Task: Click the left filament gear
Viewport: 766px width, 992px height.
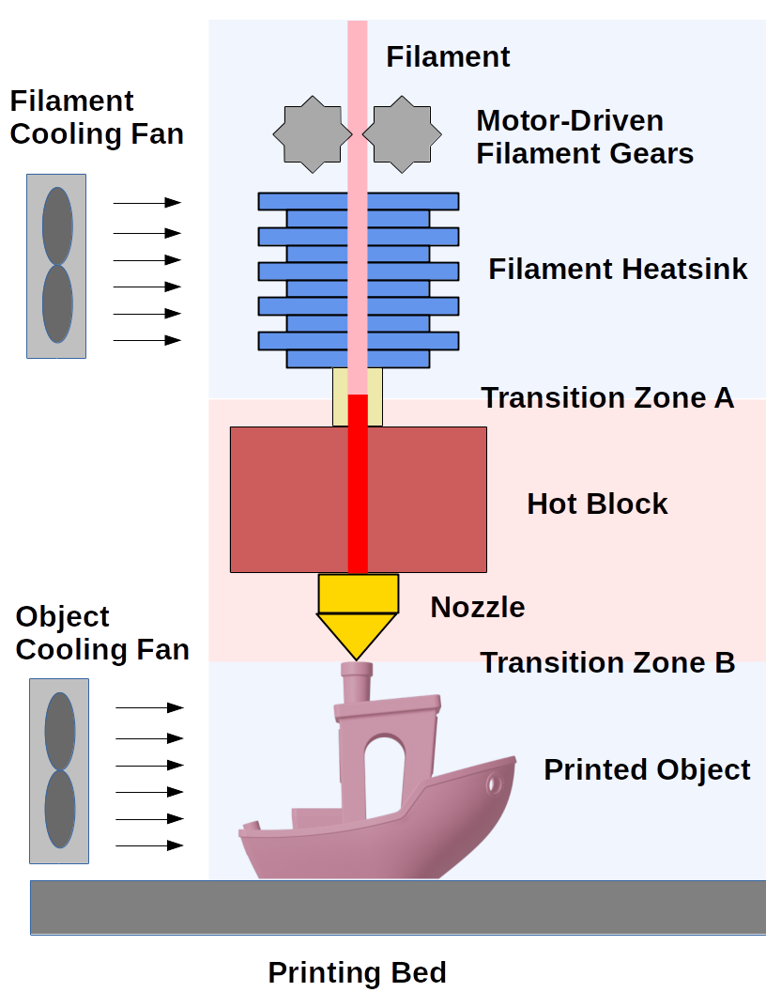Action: [x=307, y=133]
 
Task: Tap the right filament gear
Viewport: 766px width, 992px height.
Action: [x=402, y=133]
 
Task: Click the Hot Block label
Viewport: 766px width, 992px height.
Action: [x=597, y=504]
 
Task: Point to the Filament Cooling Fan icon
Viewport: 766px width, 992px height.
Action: [x=56, y=266]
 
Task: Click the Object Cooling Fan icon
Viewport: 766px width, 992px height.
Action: [x=59, y=770]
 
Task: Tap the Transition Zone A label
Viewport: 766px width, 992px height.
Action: [x=607, y=398]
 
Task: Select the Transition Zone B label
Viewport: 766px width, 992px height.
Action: [x=607, y=663]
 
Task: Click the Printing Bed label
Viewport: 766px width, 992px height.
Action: [x=357, y=972]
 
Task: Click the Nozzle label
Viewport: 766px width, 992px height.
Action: [x=477, y=607]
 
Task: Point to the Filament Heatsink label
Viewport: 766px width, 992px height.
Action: [x=618, y=270]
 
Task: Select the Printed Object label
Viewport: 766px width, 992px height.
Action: [x=647, y=770]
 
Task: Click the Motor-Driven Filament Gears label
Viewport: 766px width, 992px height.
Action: [x=584, y=137]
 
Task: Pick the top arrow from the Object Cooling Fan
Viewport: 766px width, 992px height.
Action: [x=149, y=707]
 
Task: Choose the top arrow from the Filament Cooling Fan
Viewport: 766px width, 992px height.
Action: [x=146, y=202]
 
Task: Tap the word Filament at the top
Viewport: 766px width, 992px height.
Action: [x=448, y=57]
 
